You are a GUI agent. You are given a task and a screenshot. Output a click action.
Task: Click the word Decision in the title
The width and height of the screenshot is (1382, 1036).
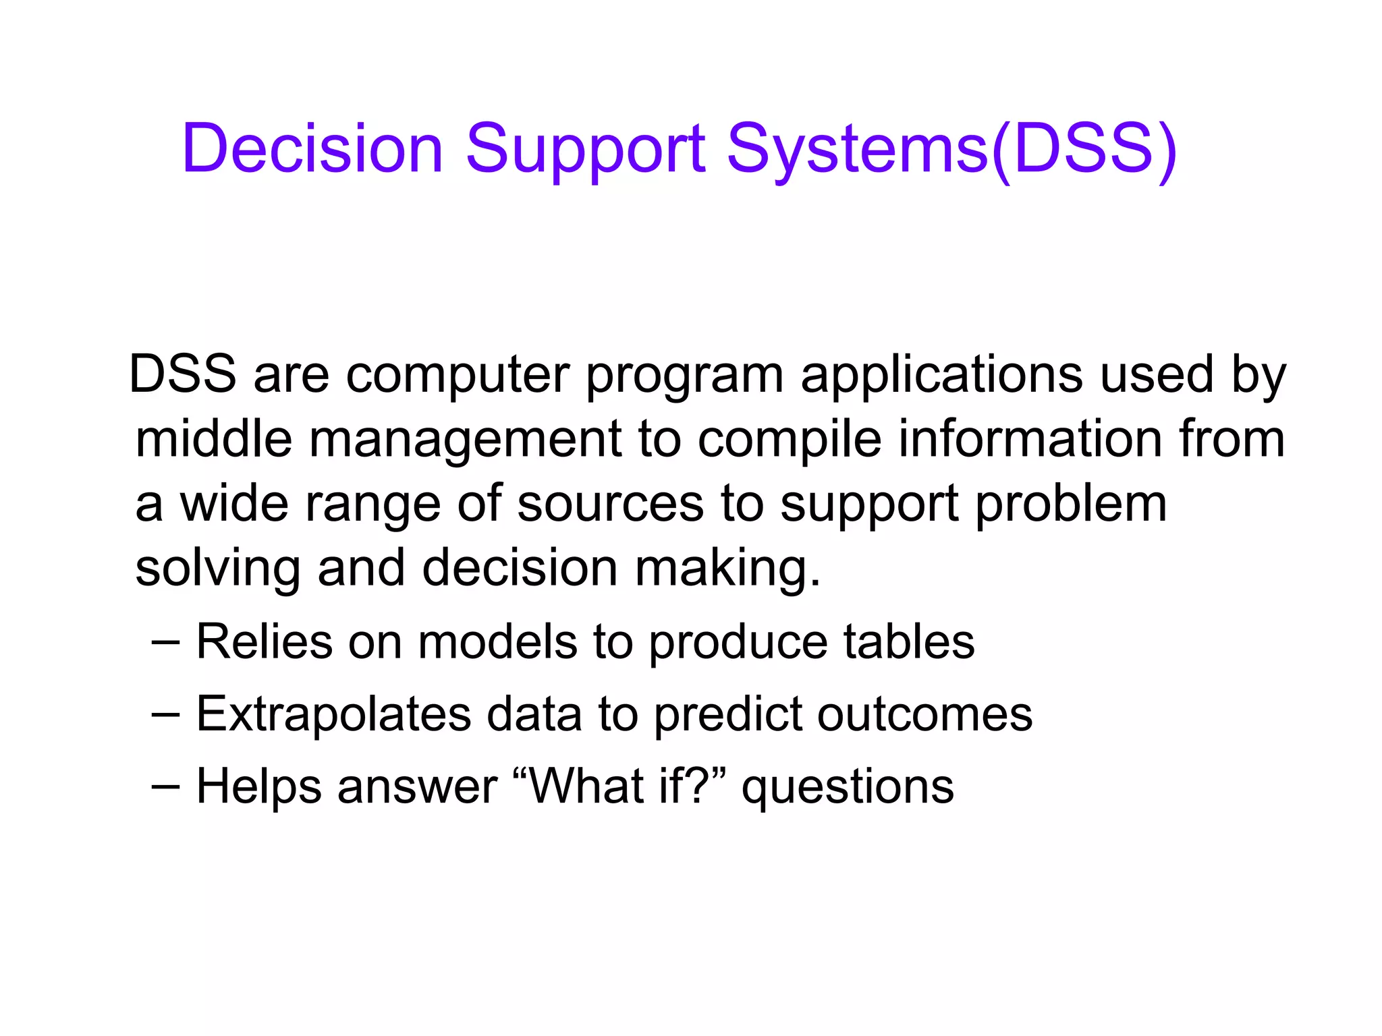click(312, 148)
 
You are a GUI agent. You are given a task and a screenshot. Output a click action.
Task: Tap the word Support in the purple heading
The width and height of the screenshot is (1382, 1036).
click(585, 148)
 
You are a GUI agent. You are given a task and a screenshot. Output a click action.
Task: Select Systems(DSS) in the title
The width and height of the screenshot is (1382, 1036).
click(951, 148)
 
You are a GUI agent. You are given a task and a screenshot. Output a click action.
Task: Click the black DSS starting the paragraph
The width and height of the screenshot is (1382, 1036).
click(183, 374)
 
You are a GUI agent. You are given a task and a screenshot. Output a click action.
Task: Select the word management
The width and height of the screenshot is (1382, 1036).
click(465, 439)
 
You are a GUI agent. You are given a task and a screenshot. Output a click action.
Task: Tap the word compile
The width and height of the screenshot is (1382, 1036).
click(789, 439)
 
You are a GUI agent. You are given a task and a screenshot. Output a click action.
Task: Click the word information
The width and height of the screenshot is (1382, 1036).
click(1030, 439)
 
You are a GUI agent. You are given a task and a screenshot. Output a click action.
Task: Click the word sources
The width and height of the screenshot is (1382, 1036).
click(611, 504)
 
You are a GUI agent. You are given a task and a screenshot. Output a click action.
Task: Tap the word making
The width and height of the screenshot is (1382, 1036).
click(727, 569)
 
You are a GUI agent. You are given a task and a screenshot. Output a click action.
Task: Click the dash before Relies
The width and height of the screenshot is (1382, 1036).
click(165, 643)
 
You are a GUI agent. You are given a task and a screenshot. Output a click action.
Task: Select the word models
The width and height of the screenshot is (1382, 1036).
click(497, 641)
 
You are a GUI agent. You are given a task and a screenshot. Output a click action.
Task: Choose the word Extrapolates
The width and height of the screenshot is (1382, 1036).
click(333, 714)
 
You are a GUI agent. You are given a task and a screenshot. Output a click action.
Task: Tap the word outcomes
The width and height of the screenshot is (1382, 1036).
click(924, 714)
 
